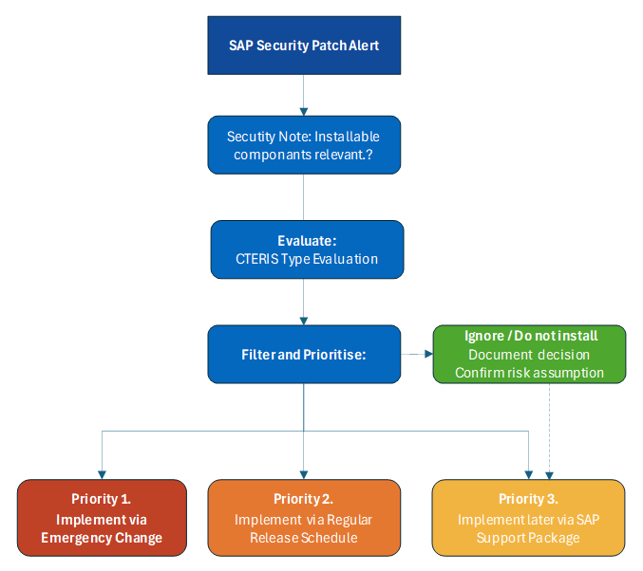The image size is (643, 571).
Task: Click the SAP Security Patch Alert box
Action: (x=304, y=46)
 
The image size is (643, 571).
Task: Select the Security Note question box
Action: (x=304, y=145)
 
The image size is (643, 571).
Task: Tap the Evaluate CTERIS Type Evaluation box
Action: (x=307, y=250)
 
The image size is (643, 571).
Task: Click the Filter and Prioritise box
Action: (x=304, y=355)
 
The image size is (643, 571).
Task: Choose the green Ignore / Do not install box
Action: (x=529, y=355)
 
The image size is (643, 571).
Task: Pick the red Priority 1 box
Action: (x=102, y=518)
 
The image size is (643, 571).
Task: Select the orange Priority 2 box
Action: (x=303, y=518)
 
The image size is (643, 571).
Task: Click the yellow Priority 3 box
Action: (x=528, y=518)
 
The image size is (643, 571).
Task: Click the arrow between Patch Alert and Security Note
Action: (x=304, y=95)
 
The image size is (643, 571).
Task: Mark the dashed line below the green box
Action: (x=551, y=427)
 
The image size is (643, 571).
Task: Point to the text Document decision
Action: (x=529, y=355)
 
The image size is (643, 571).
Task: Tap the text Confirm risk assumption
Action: (x=529, y=373)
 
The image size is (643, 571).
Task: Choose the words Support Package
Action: (x=528, y=538)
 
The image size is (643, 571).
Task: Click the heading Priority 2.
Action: (x=303, y=499)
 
